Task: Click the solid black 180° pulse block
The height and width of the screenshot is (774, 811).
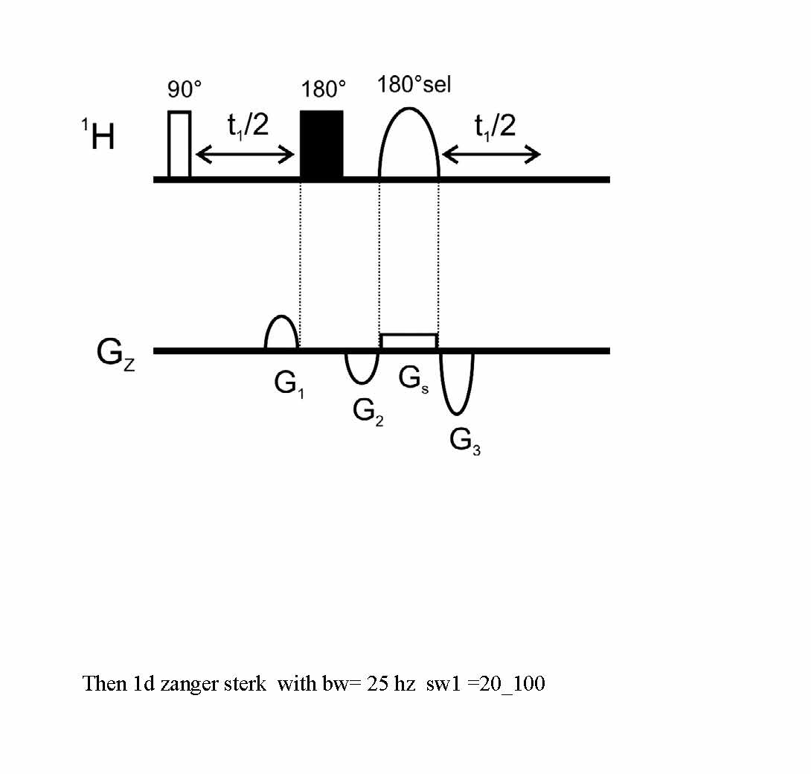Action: pos(321,144)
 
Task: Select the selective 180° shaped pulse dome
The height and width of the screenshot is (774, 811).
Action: pos(409,109)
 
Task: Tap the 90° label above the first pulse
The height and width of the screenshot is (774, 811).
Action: pos(185,89)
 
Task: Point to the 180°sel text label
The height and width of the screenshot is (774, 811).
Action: pos(414,85)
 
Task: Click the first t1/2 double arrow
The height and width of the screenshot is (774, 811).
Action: pos(246,154)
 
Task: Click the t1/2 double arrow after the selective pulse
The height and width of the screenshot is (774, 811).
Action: pos(491,154)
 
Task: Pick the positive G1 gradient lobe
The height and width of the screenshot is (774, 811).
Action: pos(281,316)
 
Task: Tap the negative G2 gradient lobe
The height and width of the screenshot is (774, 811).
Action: pos(362,383)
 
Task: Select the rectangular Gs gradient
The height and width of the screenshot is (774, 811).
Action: pos(409,335)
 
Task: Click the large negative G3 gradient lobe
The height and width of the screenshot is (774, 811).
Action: pos(456,413)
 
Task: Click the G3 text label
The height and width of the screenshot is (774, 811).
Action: pos(465,442)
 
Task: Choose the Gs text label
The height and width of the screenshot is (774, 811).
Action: pos(413,380)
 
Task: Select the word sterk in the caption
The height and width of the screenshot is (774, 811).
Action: pos(246,684)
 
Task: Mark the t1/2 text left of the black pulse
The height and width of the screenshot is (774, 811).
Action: pos(249,126)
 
